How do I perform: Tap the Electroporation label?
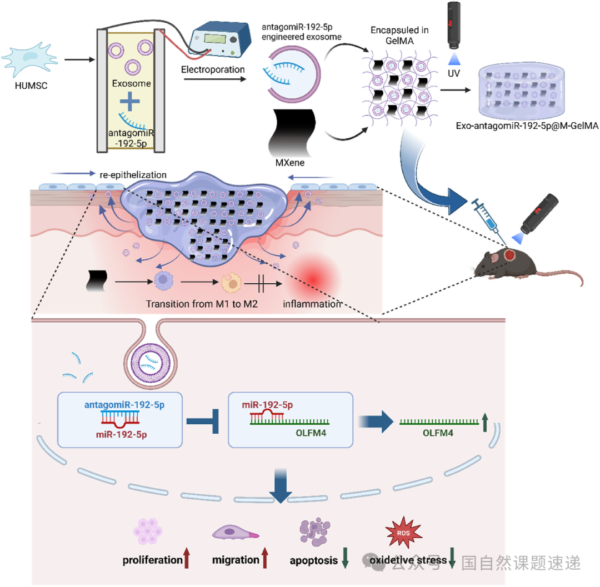pyautogui.click(x=212, y=70)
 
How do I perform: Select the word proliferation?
pyautogui.click(x=153, y=560)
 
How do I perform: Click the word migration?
pyautogui.click(x=236, y=560)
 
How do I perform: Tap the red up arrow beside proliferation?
pyautogui.click(x=187, y=558)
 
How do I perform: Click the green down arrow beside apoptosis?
pyautogui.click(x=345, y=558)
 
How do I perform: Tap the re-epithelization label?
pyautogui.click(x=133, y=174)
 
